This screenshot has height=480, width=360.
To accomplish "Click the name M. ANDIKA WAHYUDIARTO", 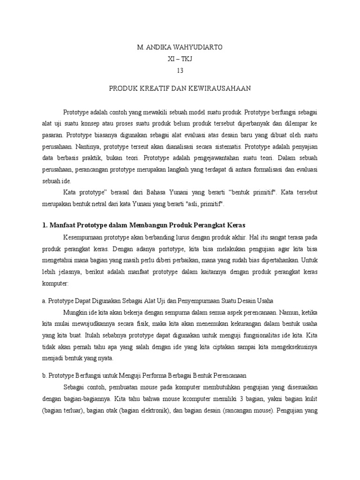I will tap(180, 47).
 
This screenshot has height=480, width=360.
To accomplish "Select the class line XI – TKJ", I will tap(180, 59).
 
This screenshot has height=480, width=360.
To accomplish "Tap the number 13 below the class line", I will tap(180, 71).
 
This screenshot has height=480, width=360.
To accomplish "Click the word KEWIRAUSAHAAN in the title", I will tap(221, 88).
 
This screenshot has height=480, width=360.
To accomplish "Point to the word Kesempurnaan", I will tap(83, 237).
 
